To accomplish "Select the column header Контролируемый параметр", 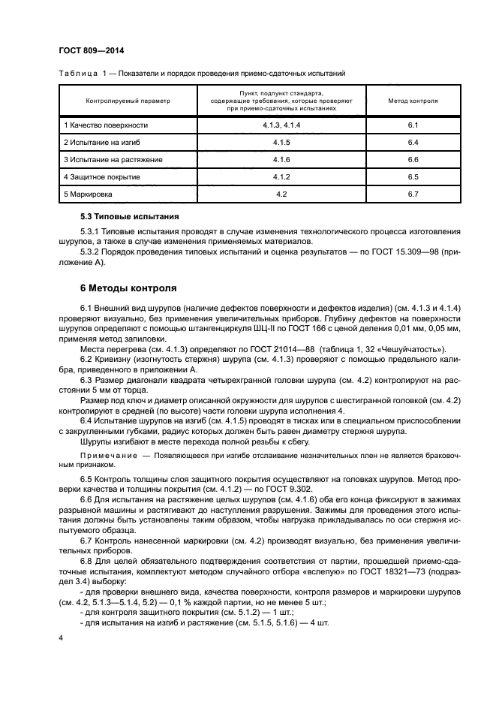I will coord(128,99).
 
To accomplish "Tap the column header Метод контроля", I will coord(412,99).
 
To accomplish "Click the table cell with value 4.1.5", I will coord(281,142).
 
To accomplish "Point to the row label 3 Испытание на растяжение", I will coord(113,159).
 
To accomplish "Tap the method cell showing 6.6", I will coord(412,159).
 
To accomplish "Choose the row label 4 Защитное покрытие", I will coord(102,177).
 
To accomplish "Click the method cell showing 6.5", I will coord(412,177).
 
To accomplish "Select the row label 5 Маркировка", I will coord(89,194).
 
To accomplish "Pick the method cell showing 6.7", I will coord(412,194).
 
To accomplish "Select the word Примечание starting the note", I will coord(107,456).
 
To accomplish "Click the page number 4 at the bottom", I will coord(61,637).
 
